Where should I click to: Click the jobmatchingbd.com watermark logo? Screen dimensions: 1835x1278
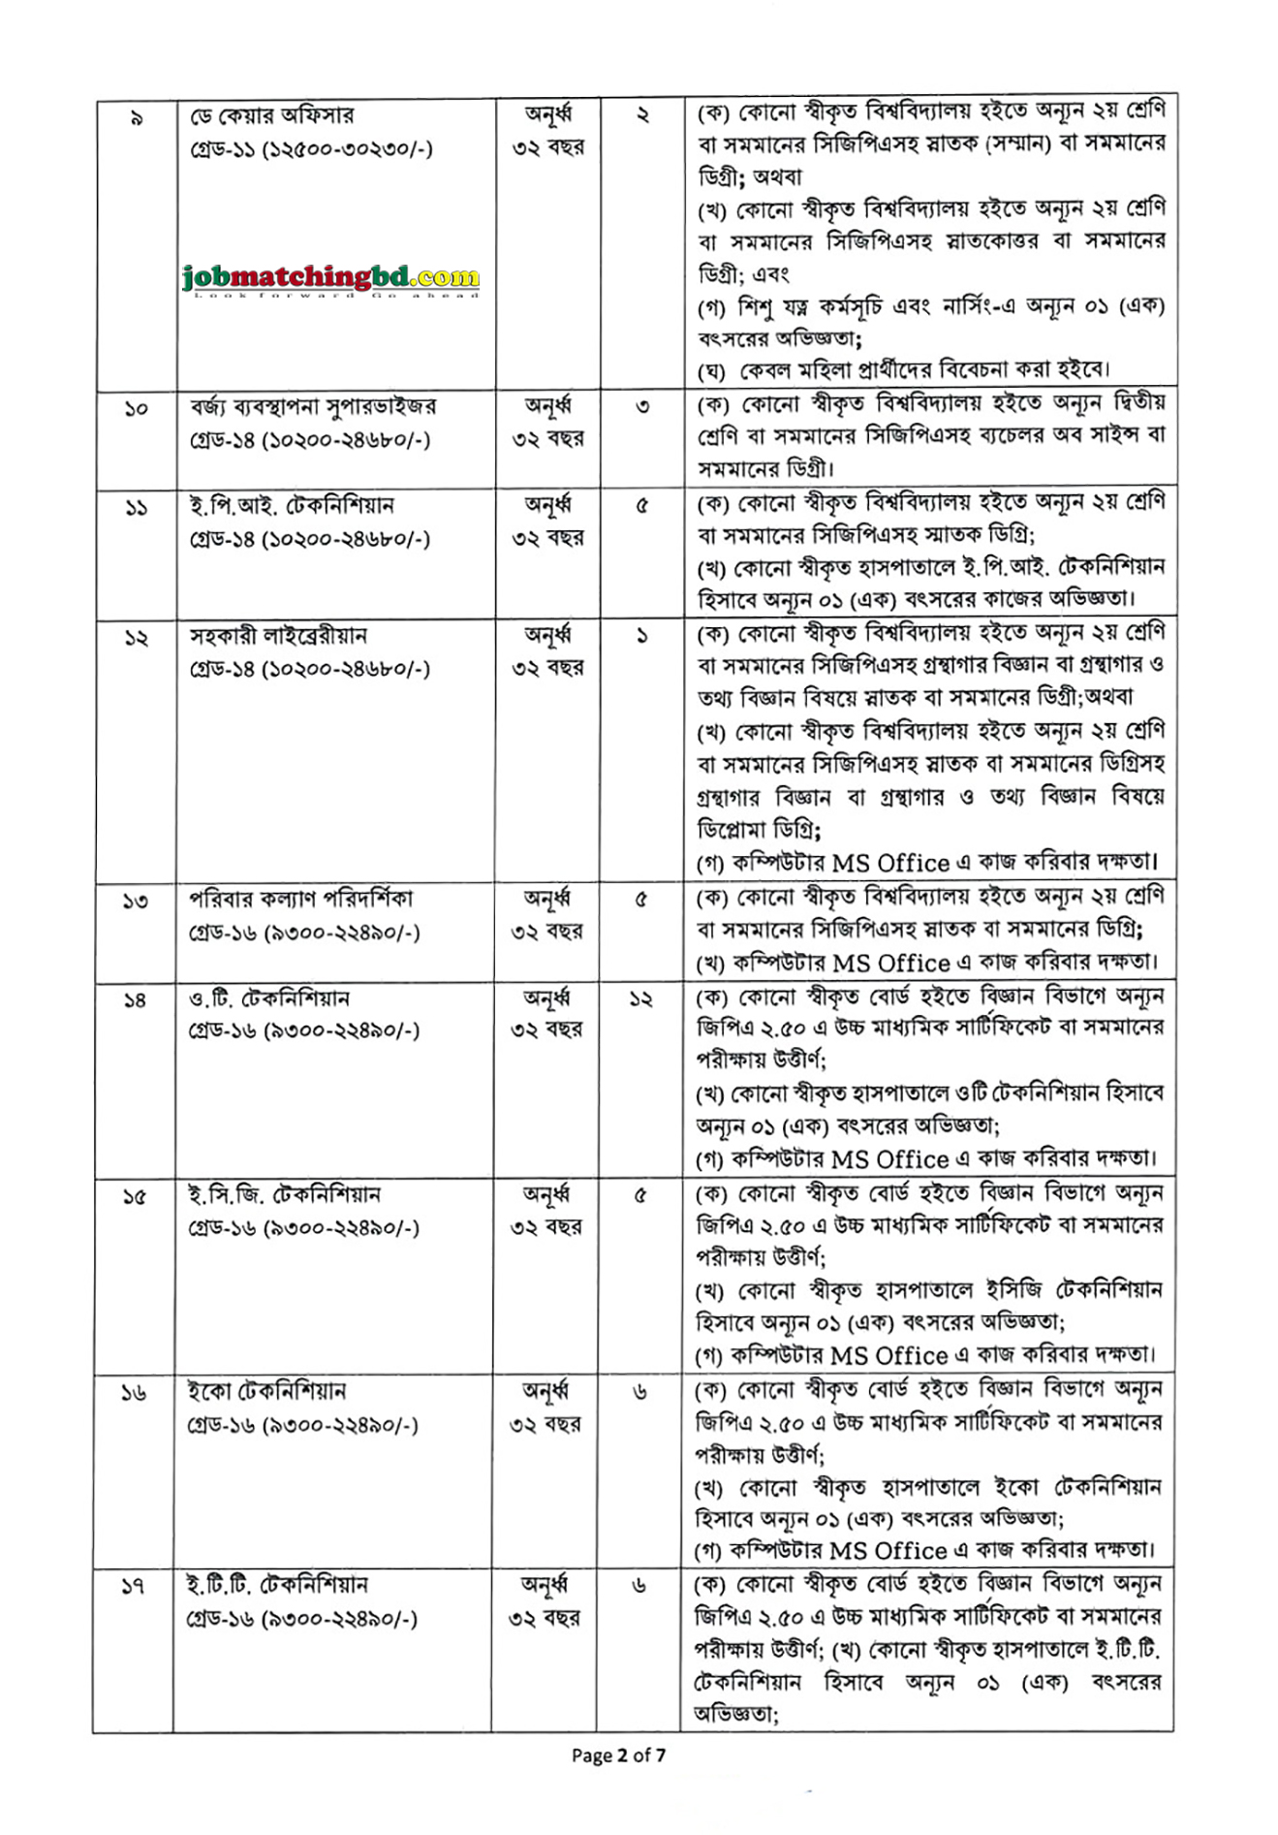coord(330,279)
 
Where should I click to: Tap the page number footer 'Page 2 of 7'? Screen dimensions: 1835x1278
coord(618,1755)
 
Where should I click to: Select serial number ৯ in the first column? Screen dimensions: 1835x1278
coord(136,118)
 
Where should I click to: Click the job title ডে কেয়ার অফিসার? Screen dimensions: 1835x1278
coord(272,115)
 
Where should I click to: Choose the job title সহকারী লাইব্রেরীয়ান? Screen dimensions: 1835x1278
coord(278,636)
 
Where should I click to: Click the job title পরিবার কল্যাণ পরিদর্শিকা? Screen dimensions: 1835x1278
coord(301,899)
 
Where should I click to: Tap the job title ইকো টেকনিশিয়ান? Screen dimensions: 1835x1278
coord(266,1391)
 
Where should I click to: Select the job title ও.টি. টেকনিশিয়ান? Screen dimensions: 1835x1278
coord(269,997)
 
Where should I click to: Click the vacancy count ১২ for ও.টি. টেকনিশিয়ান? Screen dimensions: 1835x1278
coord(640,998)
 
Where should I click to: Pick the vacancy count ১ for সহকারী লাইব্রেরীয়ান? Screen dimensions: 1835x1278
coord(641,637)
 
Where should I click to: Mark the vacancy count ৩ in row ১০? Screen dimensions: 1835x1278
coord(642,407)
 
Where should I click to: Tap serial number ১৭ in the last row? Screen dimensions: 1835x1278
coord(133,1587)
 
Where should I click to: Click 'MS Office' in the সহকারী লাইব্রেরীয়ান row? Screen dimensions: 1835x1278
coord(889,863)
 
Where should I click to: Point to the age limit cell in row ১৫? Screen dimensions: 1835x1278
coord(546,1210)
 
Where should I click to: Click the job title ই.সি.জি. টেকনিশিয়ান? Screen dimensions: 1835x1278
coord(285,1194)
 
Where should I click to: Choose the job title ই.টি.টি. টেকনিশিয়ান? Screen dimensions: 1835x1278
coord(277,1585)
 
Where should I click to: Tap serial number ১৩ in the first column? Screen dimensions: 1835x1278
coord(135,902)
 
